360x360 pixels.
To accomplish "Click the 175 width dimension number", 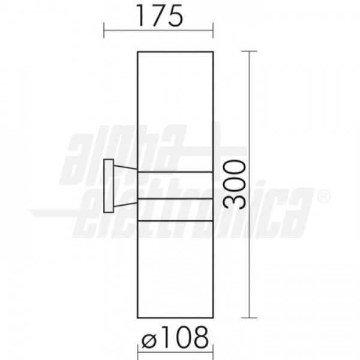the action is [x=160, y=16].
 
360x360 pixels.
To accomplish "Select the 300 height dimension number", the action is [x=234, y=185].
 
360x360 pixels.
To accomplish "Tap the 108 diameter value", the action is [x=185, y=338].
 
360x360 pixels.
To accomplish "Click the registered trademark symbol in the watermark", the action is [x=323, y=197].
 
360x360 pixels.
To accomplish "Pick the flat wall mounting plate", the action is [x=109, y=186].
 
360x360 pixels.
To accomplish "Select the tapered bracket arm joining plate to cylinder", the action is [x=125, y=186].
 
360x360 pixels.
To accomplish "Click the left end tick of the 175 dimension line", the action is [x=104, y=31].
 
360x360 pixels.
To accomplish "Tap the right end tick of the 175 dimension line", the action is [x=213, y=31].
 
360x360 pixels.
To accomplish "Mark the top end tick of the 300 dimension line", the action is [x=250, y=52].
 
